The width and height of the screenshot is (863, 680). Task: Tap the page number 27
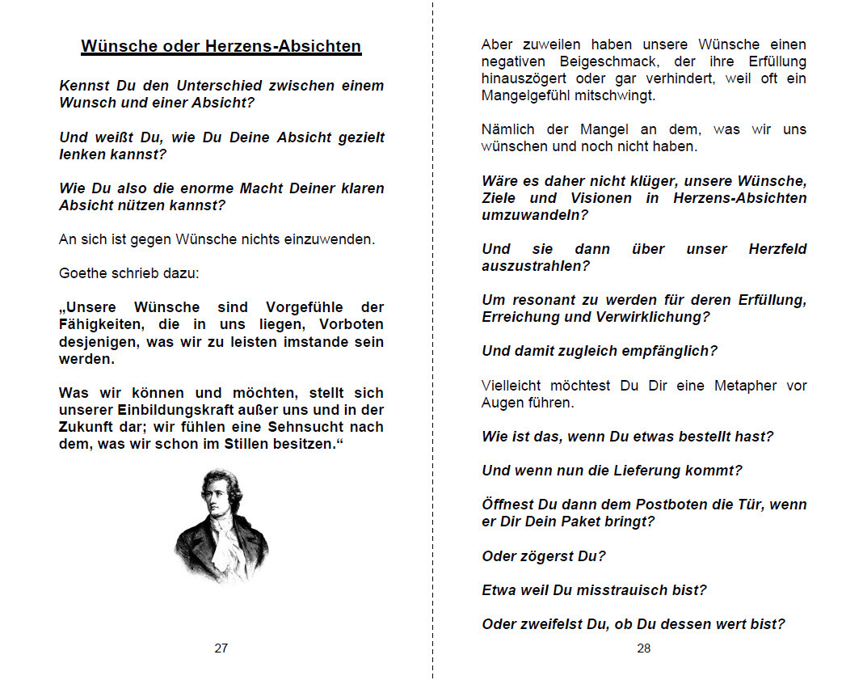pyautogui.click(x=221, y=648)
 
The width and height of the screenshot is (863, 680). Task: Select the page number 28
pyautogui.click(x=643, y=648)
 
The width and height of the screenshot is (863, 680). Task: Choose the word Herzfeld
pyautogui.click(x=777, y=249)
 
